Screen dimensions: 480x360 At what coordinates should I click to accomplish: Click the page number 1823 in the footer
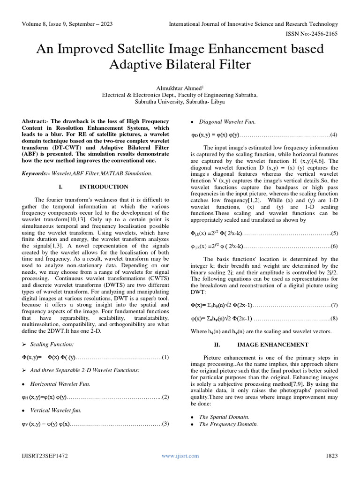coord(330,455)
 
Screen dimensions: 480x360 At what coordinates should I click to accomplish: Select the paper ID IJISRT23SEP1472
coord(43,455)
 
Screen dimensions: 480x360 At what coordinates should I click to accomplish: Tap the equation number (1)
coord(165,357)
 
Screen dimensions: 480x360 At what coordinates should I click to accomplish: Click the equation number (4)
coord(334,135)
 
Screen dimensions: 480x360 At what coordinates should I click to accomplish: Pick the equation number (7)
coord(334,305)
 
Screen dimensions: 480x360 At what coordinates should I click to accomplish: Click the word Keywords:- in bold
coord(37,173)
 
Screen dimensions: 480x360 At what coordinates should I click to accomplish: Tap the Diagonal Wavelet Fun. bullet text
coord(227,122)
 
